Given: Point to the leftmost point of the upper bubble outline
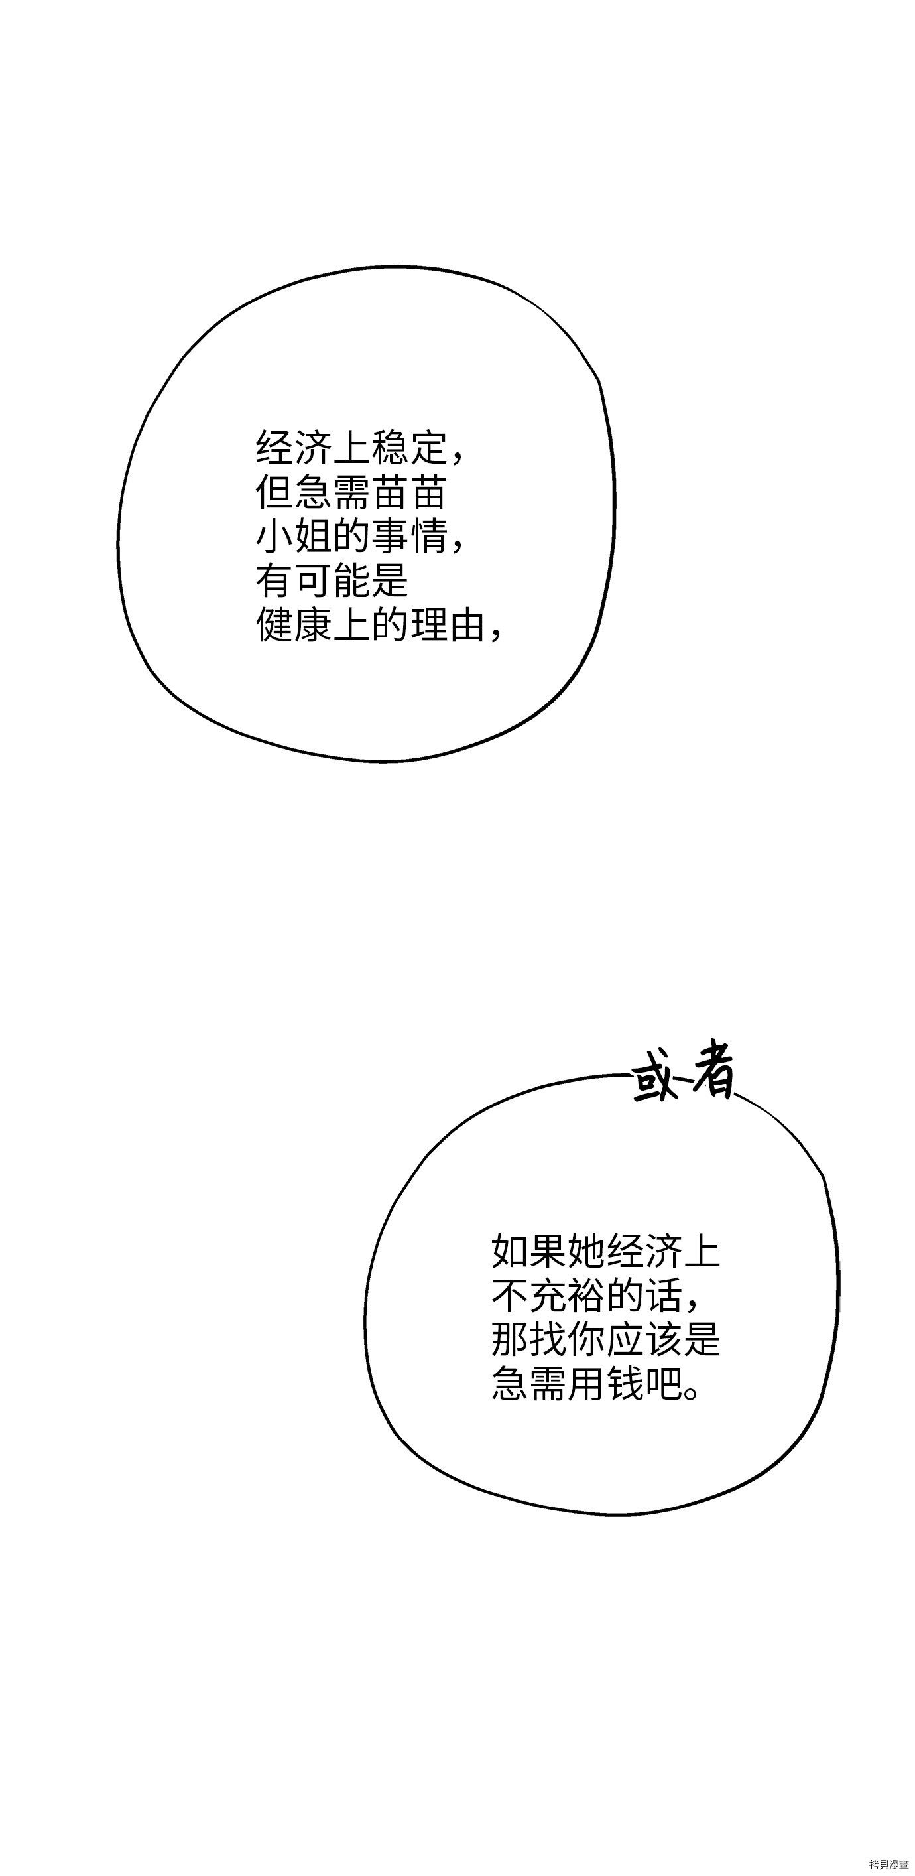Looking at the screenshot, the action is point(118,543).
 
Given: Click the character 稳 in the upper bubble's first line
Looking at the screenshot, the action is point(390,448).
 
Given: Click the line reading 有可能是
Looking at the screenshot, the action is point(332,580).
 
